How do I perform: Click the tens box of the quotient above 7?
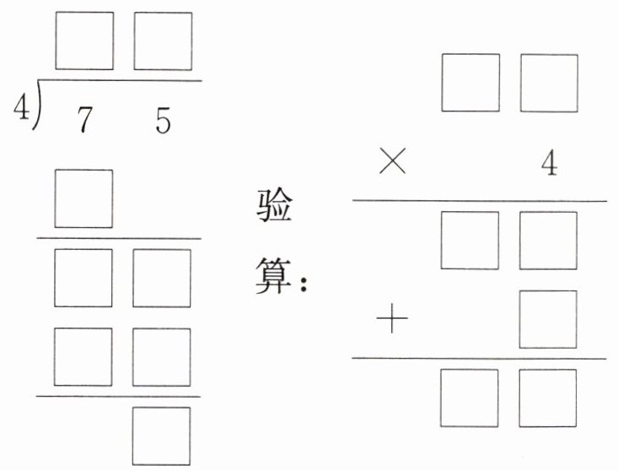84,41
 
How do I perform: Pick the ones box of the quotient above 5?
162,41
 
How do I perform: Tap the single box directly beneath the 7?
84,198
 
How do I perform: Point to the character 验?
274,207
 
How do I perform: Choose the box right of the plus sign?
549,319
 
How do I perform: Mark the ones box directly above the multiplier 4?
549,83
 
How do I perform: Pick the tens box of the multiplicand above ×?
470,83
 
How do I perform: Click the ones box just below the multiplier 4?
549,240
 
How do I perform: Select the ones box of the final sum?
549,397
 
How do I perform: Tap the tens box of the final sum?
470,397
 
